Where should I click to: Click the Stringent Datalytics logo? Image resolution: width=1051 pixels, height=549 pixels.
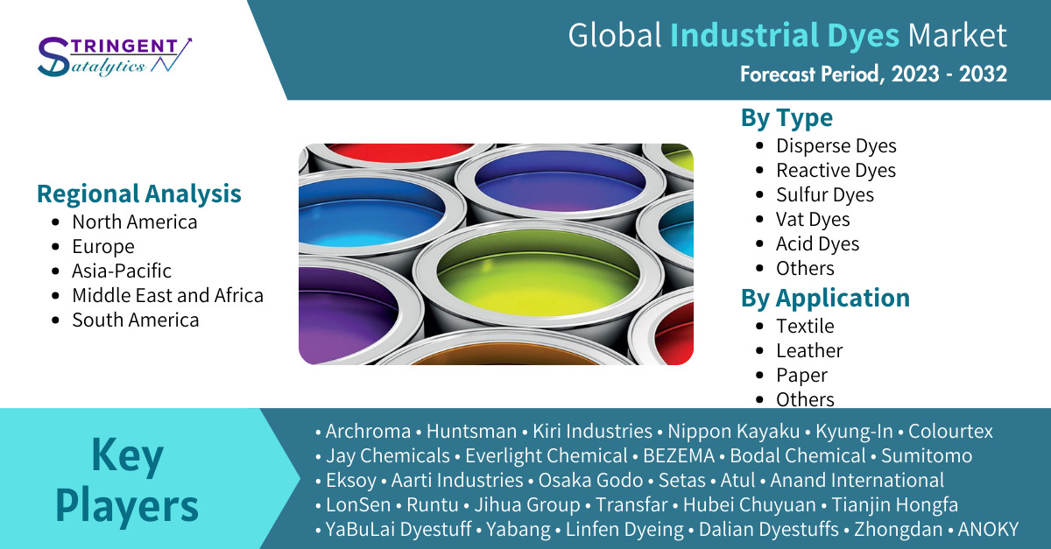(x=115, y=57)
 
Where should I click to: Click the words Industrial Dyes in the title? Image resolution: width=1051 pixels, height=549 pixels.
(x=785, y=36)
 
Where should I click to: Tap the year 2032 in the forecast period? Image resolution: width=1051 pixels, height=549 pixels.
(x=983, y=74)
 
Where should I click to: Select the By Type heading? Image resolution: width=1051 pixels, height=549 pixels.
(x=786, y=118)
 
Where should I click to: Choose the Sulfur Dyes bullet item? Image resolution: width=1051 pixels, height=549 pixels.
(x=825, y=194)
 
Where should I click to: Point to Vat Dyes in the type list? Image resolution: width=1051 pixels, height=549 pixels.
(x=813, y=219)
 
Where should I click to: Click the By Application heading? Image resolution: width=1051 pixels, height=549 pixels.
(x=825, y=299)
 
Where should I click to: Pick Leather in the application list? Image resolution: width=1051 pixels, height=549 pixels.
(x=809, y=350)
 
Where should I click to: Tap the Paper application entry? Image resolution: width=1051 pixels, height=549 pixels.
(x=802, y=376)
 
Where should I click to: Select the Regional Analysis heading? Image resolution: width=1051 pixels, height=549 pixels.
(x=139, y=194)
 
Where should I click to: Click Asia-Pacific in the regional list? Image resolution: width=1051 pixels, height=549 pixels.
(x=122, y=271)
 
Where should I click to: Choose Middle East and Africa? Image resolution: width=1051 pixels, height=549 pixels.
(x=167, y=296)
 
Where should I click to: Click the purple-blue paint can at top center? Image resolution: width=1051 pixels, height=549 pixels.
(x=560, y=180)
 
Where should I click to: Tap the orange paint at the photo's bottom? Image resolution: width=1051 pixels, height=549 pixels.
(x=507, y=357)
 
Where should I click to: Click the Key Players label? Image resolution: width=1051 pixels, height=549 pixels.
(x=127, y=480)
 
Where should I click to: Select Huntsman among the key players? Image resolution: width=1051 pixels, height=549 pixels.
(x=471, y=431)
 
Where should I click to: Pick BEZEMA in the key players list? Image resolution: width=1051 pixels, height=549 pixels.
(x=679, y=455)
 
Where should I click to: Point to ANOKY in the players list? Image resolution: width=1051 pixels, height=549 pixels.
(x=988, y=529)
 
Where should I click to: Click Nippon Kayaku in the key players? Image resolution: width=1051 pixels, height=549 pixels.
(x=733, y=432)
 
